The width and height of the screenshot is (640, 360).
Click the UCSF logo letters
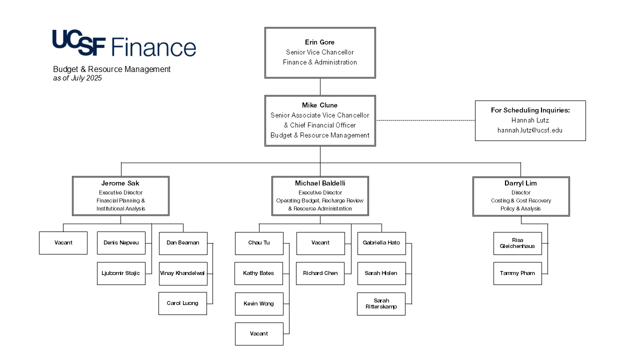click(79, 43)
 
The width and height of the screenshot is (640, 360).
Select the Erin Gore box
click(320, 52)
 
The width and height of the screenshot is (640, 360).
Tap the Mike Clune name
click(319, 105)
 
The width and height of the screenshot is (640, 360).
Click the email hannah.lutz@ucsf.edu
click(530, 130)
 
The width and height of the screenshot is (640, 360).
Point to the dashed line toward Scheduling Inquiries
click(425, 120)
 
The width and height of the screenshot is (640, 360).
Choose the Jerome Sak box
click(120, 196)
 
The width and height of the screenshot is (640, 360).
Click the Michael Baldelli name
click(320, 183)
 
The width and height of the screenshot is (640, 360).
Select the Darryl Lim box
click(521, 196)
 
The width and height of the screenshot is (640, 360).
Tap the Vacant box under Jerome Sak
click(63, 243)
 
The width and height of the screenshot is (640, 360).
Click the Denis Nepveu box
click(121, 243)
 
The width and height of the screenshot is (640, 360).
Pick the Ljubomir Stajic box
click(121, 273)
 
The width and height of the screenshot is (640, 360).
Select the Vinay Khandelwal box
click(183, 273)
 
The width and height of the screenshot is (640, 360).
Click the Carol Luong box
click(182, 303)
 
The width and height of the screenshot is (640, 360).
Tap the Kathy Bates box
click(258, 273)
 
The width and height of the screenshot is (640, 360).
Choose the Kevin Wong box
click(259, 304)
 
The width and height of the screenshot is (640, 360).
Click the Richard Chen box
click(320, 273)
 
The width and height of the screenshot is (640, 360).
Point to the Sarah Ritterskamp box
click(381, 304)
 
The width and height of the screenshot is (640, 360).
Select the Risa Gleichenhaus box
click(517, 243)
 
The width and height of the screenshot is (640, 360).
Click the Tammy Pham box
click(517, 273)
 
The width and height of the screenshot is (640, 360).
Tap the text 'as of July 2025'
click(77, 78)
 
